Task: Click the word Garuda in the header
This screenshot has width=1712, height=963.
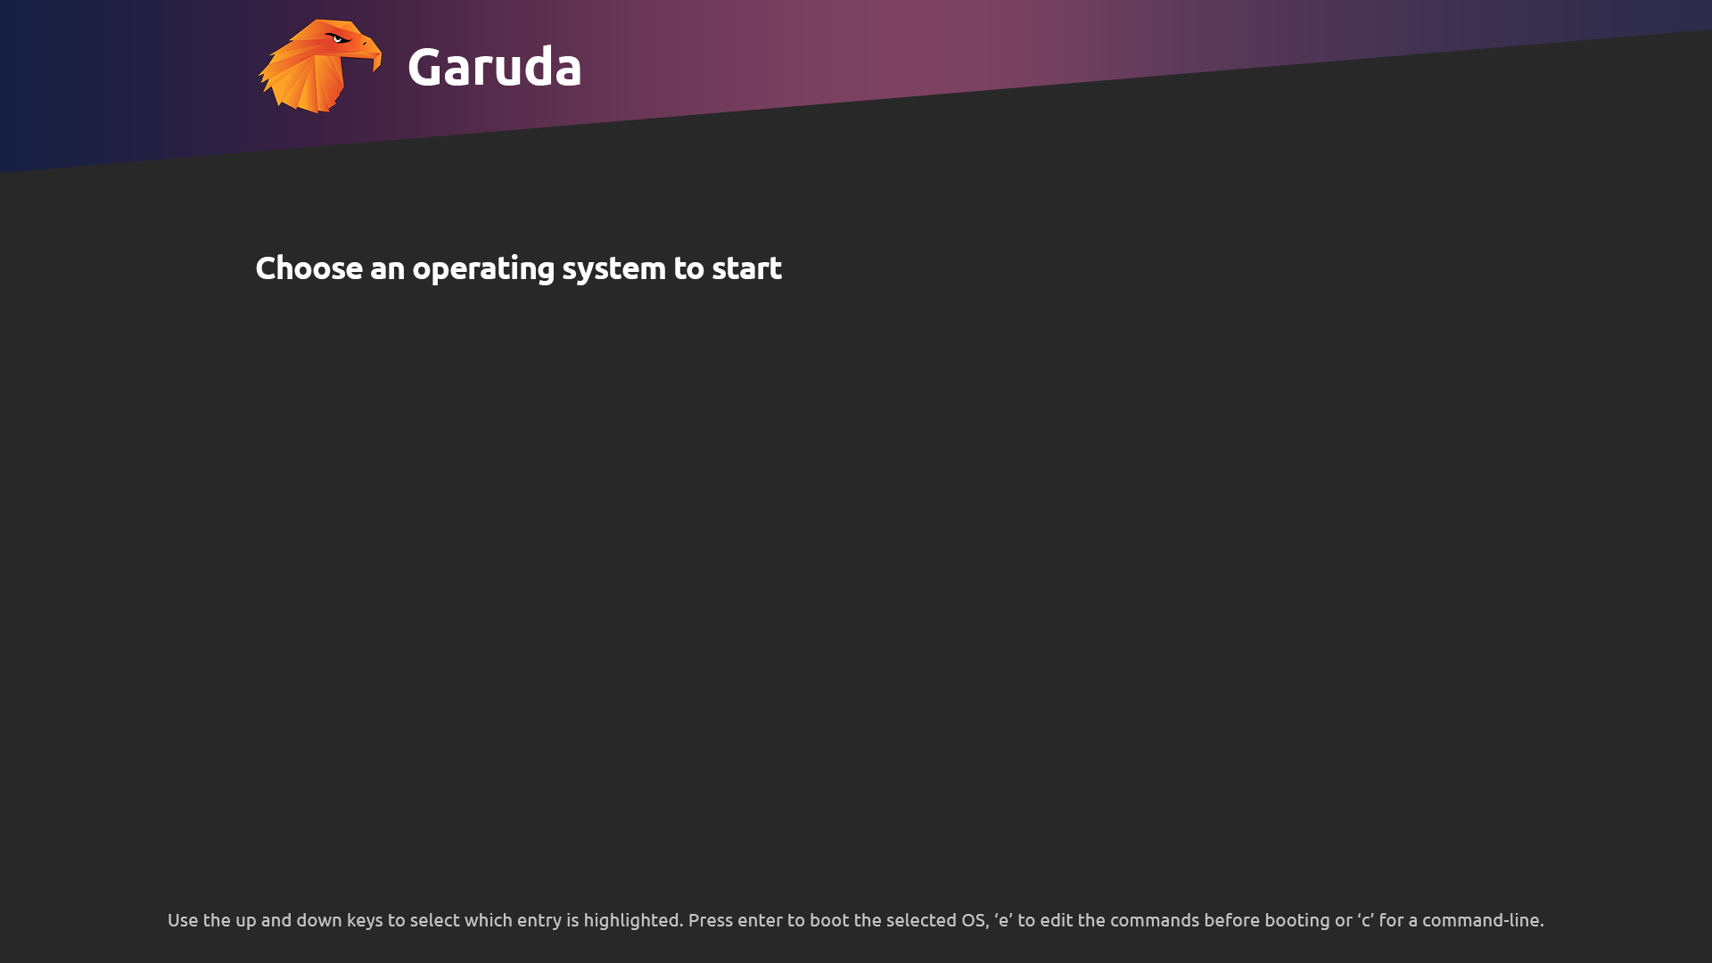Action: pyautogui.click(x=495, y=66)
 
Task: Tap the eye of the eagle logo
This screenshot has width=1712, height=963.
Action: pyautogui.click(x=338, y=38)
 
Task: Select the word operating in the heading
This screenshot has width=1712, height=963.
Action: pyautogui.click(x=483, y=269)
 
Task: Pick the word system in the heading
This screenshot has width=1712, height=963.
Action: pyautogui.click(x=613, y=269)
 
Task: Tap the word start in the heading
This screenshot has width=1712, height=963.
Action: pyautogui.click(x=746, y=267)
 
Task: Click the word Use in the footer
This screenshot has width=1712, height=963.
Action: pyautogui.click(x=183, y=920)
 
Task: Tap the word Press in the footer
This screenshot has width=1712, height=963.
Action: pyautogui.click(x=711, y=920)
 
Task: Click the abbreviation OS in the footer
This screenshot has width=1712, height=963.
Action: pyautogui.click(x=974, y=920)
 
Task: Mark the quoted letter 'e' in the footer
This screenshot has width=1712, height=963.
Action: pyautogui.click(x=1003, y=920)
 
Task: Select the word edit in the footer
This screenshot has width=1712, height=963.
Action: pyautogui.click(x=1057, y=920)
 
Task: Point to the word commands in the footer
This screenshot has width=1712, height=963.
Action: pyautogui.click(x=1155, y=920)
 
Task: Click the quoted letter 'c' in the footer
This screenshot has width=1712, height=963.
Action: pyautogui.click(x=1366, y=920)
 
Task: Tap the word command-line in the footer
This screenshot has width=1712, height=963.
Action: pyautogui.click(x=1483, y=920)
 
